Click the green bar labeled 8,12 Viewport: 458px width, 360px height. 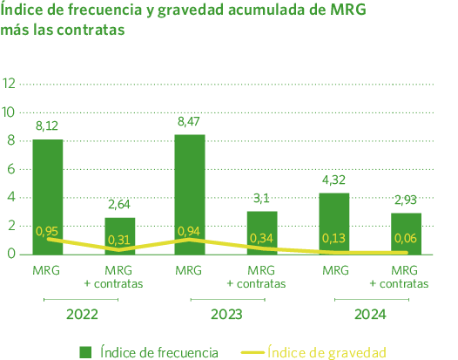(48, 196)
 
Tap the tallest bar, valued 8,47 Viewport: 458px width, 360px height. (190, 194)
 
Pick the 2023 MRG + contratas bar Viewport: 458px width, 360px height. (262, 233)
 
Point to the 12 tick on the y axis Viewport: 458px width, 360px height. (10, 84)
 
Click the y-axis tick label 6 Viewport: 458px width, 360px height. (10, 168)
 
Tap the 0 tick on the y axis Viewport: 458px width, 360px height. (10, 254)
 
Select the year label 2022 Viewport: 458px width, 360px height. (82, 314)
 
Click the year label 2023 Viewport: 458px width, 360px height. (226, 314)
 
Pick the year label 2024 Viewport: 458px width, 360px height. (370, 314)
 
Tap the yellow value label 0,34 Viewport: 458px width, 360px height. (261, 238)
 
